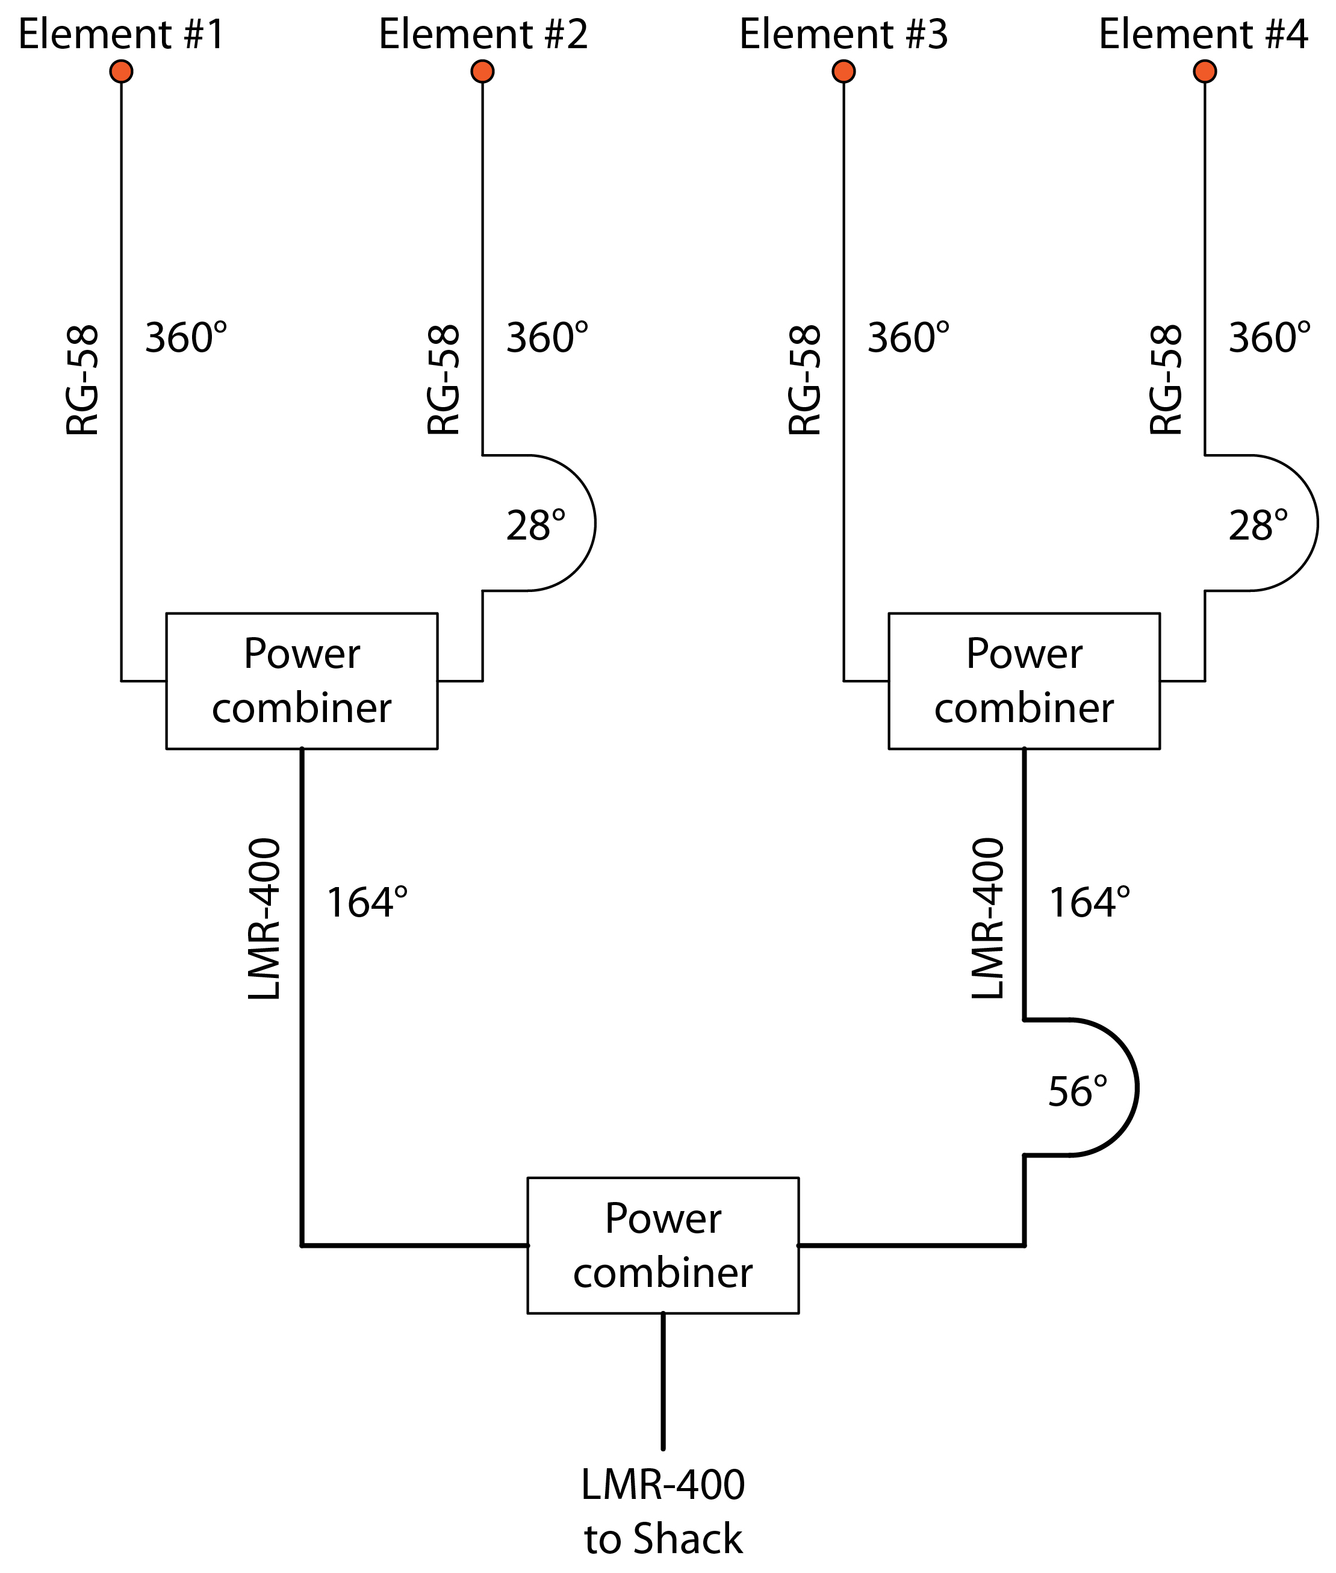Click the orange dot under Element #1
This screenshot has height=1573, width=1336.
click(121, 71)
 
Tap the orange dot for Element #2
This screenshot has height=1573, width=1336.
click(482, 71)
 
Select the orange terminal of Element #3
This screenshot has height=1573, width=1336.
click(844, 71)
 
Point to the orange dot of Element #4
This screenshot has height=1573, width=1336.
click(1205, 71)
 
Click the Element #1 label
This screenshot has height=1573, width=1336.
click(121, 34)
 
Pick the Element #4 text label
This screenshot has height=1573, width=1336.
click(1204, 34)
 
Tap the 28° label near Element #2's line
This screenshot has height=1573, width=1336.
click(535, 526)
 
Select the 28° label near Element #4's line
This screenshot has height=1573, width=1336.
click(1258, 526)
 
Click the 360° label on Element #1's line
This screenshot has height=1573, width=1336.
click(185, 338)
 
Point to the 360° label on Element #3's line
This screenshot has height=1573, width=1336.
click(908, 338)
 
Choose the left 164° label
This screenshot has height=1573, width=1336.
click(367, 903)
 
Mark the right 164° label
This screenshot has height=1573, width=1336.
click(1089, 903)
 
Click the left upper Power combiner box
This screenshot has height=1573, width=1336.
click(302, 681)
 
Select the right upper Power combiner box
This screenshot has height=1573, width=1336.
click(1024, 681)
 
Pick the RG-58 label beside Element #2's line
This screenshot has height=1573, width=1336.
click(444, 379)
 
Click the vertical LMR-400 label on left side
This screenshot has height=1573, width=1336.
click(264, 918)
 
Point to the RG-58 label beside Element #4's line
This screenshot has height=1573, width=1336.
click(1166, 379)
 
